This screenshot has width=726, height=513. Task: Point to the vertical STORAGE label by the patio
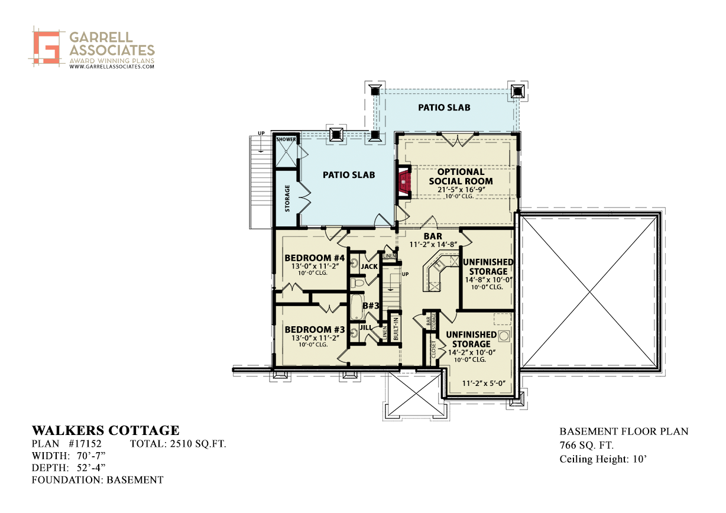coord(287,199)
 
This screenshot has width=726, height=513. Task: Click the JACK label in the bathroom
coord(369,267)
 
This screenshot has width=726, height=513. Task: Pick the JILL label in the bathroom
coord(365,327)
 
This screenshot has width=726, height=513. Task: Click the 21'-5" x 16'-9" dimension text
coord(461,189)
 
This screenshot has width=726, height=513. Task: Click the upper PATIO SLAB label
coord(444,108)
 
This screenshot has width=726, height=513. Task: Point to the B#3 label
coord(370,306)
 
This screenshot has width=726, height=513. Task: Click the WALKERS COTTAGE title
coord(105,430)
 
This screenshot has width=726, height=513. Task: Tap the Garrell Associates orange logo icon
coord(47,46)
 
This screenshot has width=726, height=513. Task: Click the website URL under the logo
coord(112,67)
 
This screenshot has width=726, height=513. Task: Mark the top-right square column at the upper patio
coord(518,91)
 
